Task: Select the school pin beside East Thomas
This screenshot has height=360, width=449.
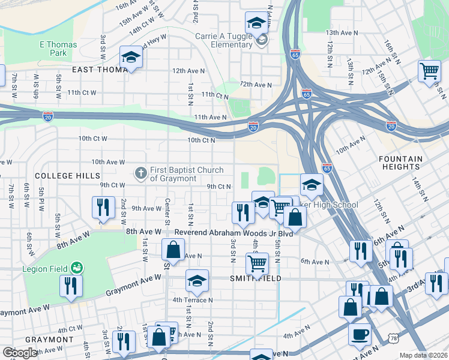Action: (130, 58)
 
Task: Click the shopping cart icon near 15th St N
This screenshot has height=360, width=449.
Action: (429, 71)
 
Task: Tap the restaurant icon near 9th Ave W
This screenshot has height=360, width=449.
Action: (103, 206)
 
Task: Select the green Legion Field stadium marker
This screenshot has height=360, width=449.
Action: (76, 267)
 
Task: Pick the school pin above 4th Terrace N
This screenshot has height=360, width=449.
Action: (196, 280)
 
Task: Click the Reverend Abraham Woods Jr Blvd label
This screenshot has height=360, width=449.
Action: (233, 233)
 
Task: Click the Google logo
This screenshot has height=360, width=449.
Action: (20, 353)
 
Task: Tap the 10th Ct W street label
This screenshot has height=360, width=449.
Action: (92, 139)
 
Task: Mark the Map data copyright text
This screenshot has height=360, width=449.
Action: (423, 355)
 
